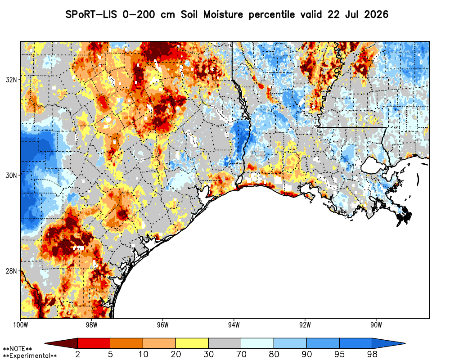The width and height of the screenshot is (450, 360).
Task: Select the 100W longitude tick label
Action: click(x=20, y=325)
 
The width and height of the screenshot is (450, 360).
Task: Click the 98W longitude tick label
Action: click(x=91, y=325)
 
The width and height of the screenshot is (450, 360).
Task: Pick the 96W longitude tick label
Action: click(x=163, y=325)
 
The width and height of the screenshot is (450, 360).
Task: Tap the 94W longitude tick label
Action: click(x=234, y=325)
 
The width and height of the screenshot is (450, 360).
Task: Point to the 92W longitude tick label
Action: click(x=305, y=325)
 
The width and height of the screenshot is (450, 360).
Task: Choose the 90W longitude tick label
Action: click(x=376, y=325)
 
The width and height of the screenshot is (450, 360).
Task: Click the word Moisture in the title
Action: click(x=223, y=14)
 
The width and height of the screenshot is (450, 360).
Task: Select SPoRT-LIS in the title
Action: click(x=91, y=14)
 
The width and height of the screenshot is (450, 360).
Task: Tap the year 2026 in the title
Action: click(x=376, y=14)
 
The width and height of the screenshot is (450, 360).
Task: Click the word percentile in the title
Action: click(x=271, y=15)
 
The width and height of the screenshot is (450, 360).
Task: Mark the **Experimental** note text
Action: click(x=30, y=355)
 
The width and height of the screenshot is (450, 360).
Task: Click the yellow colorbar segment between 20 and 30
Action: click(x=192, y=343)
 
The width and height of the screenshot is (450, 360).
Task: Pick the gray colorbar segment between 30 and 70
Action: click(x=225, y=343)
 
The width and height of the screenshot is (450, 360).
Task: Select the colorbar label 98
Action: click(x=372, y=354)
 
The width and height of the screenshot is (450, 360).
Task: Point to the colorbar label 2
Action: click(x=77, y=354)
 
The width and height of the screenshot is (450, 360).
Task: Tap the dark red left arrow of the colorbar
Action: click(x=61, y=343)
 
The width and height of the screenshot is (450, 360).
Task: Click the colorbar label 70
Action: click(x=241, y=354)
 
